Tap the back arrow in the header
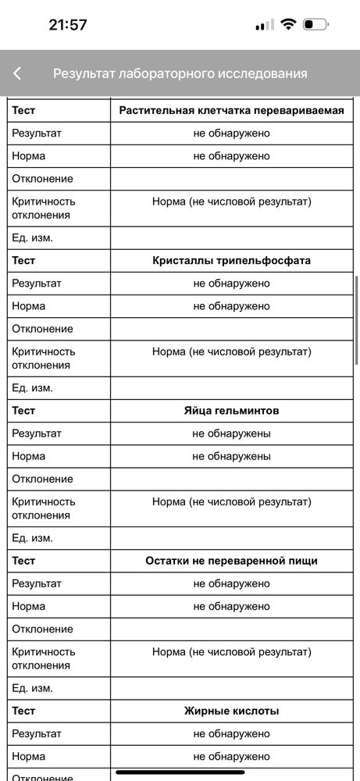tap(17, 73)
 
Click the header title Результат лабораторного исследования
tap(180, 73)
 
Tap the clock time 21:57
tap(68, 24)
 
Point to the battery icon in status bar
tap(315, 24)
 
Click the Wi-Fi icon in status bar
tap(288, 24)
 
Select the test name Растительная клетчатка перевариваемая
tap(231, 110)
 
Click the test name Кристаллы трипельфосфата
tap(231, 260)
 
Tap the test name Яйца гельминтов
tap(231, 410)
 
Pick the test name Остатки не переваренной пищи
tap(231, 561)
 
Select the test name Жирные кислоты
tap(231, 711)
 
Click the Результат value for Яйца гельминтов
tap(231, 433)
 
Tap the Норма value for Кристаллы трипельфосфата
tap(231, 305)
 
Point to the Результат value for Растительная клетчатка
tap(231, 133)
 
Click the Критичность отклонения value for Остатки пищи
tap(231, 651)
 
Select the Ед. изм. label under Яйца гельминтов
tap(32, 538)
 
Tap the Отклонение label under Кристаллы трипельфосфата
tap(42, 329)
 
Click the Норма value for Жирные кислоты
tap(231, 756)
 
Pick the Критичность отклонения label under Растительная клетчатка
tap(44, 208)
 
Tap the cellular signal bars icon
tap(265, 24)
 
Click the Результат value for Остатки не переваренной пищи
tap(231, 583)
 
